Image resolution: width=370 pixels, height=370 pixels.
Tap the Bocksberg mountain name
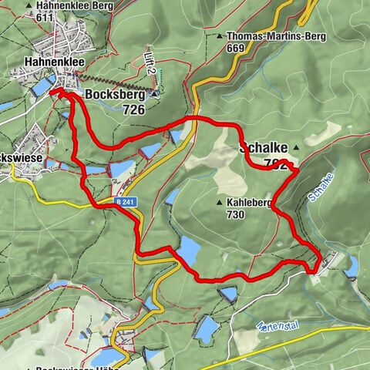coord(115,95)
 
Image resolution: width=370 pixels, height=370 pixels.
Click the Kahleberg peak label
coord(251,203)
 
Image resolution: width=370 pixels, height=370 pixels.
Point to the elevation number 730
coord(237,214)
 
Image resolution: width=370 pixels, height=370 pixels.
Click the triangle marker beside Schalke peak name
coord(295,146)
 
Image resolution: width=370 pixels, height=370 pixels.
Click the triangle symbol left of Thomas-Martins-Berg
coord(220,36)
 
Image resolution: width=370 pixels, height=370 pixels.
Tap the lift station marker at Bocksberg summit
coord(154,94)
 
